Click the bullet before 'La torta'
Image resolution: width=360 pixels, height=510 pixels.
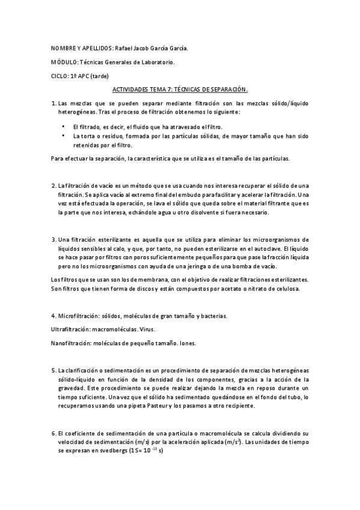click(63, 137)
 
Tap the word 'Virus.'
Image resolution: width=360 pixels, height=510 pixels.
click(147, 330)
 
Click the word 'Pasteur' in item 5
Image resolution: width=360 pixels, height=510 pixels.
click(182, 406)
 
